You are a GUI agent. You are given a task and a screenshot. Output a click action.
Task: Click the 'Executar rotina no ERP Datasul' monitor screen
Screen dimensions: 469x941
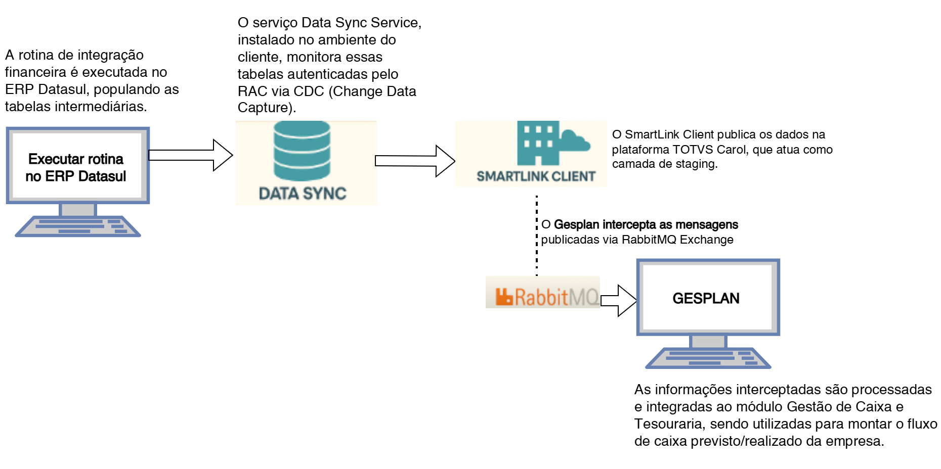click(77, 165)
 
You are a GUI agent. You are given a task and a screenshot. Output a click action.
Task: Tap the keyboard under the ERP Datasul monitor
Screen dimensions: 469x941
click(78, 226)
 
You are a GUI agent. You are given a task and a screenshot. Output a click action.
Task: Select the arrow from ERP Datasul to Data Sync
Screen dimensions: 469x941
click(190, 155)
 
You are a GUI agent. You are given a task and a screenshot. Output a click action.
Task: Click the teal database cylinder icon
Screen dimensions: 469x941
click(302, 151)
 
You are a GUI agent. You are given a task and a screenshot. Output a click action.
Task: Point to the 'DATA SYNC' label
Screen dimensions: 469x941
click(303, 194)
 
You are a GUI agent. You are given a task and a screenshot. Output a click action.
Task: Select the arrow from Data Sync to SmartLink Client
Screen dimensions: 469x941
click(414, 161)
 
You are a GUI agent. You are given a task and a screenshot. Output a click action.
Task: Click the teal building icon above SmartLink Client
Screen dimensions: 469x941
click(538, 143)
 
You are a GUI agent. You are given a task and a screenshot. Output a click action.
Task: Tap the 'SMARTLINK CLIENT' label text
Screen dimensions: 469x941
click(536, 176)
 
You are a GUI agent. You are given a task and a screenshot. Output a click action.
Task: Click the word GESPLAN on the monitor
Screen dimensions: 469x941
click(706, 299)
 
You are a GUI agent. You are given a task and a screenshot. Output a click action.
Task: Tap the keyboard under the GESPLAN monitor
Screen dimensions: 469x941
click(708, 358)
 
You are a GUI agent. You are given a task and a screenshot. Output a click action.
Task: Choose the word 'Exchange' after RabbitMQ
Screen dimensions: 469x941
click(706, 240)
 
